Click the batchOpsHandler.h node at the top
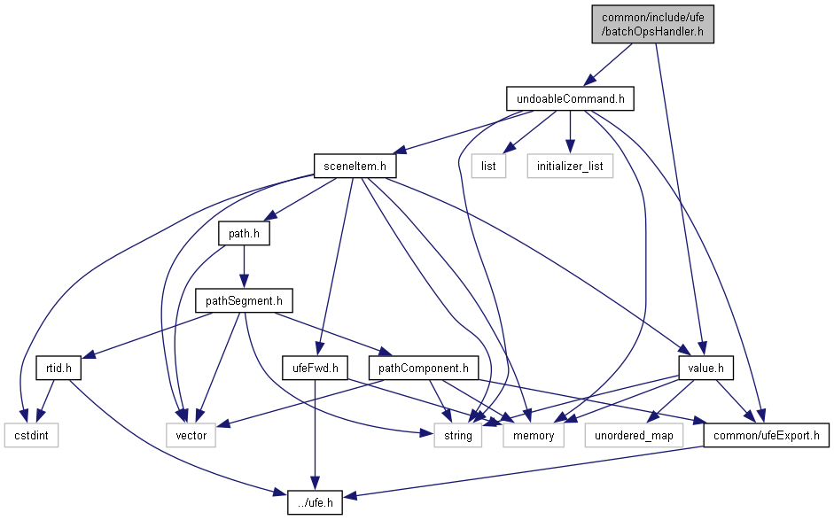[653, 24]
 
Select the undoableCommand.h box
[570, 98]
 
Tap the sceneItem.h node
[355, 166]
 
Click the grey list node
[488, 166]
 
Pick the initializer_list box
[570, 166]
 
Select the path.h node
[244, 234]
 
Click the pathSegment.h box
[244, 301]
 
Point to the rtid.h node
[52, 368]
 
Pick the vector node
[191, 435]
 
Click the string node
[458, 435]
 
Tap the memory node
[534, 435]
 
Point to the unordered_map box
[635, 435]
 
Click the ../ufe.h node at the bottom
[316, 502]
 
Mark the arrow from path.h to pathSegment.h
[244, 268]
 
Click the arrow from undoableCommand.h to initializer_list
[570, 132]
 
